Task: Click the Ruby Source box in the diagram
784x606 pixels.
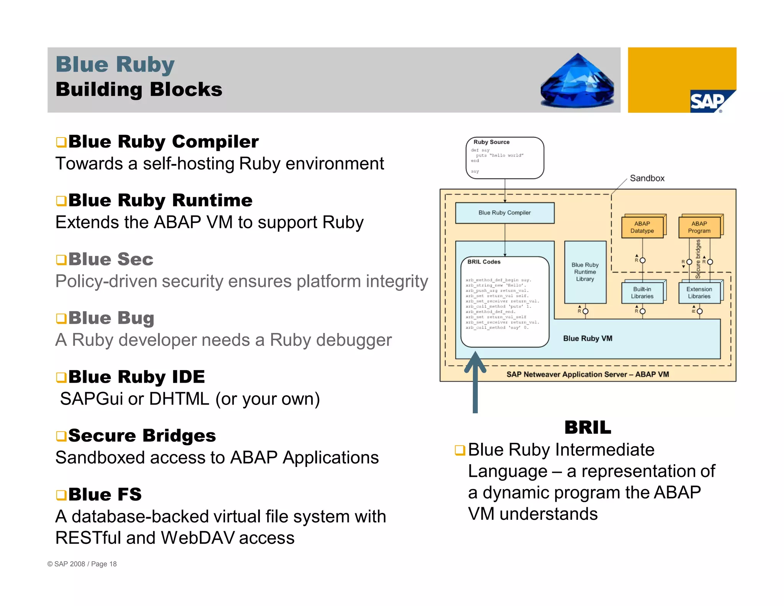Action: pyautogui.click(x=505, y=157)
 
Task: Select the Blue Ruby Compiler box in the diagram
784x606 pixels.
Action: pyautogui.click(x=505, y=213)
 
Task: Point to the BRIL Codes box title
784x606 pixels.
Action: pyautogui.click(x=484, y=262)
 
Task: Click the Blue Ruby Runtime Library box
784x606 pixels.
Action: pyautogui.click(x=585, y=272)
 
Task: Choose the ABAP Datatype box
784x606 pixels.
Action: pyautogui.click(x=642, y=227)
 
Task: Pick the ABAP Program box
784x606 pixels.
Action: pyautogui.click(x=699, y=227)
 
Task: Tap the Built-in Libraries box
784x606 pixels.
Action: pyautogui.click(x=642, y=293)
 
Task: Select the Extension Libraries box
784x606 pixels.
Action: pyautogui.click(x=699, y=293)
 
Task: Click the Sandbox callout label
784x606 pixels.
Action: pyautogui.click(x=647, y=178)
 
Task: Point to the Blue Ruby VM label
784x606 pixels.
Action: pyautogui.click(x=588, y=338)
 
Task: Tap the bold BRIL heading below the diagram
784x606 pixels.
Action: pyautogui.click(x=588, y=427)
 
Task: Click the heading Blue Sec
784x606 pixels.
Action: pyautogui.click(x=111, y=259)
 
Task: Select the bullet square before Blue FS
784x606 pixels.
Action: pyautogui.click(x=61, y=495)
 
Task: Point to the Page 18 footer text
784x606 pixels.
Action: pyautogui.click(x=104, y=564)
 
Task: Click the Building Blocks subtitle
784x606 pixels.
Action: pyautogui.click(x=139, y=89)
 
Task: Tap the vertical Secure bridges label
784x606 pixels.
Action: pyautogui.click(x=698, y=259)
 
